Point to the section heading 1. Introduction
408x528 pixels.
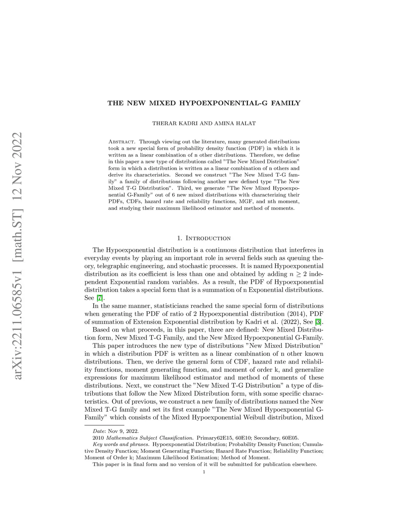click(204, 238)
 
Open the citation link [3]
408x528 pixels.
click(318, 322)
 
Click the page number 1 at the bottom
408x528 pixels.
click(204, 472)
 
